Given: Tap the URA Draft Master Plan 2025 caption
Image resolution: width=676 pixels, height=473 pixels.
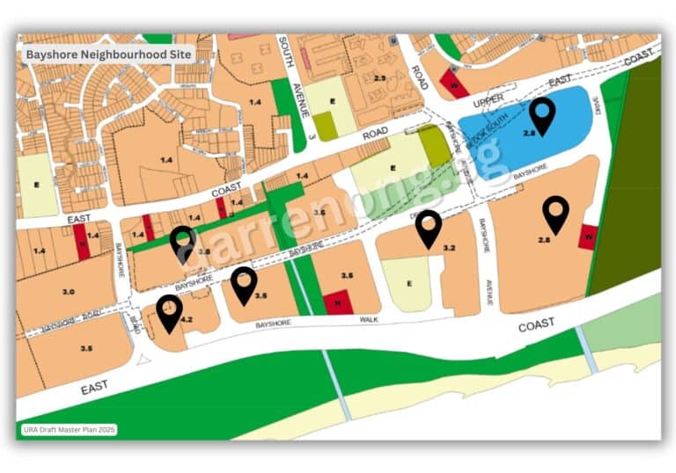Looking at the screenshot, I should point(68,430).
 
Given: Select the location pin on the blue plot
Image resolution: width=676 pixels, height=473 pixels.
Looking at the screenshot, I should point(543,115).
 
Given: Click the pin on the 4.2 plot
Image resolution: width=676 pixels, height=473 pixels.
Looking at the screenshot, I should point(169,312).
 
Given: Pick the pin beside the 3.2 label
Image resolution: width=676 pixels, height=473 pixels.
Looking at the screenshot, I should point(429,228).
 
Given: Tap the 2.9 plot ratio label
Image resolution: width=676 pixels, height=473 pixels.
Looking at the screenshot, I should point(379,78).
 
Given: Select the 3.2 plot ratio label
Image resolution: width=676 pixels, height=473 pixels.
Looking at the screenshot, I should point(449,249).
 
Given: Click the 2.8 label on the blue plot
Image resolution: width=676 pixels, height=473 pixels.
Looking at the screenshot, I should point(529,132).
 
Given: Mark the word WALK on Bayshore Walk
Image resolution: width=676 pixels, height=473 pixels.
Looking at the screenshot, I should point(368,319).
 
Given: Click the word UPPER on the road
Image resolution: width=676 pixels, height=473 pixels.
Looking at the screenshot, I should point(488,104).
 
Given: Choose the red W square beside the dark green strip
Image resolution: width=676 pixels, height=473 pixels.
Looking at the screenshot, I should point(589,236).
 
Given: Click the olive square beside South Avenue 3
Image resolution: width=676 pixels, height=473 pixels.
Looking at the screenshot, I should point(325,126).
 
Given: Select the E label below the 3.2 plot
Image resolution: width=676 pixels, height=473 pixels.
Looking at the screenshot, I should point(409,284).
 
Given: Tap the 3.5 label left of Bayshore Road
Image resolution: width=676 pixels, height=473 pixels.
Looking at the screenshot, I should point(86,348).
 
